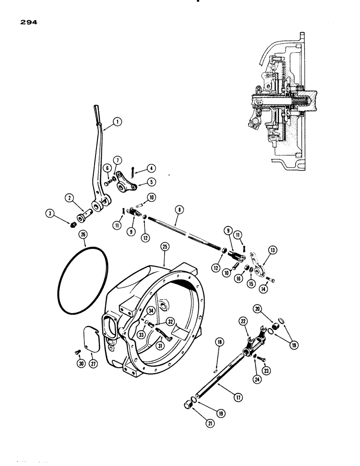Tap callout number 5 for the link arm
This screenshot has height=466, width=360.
click(152, 182)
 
